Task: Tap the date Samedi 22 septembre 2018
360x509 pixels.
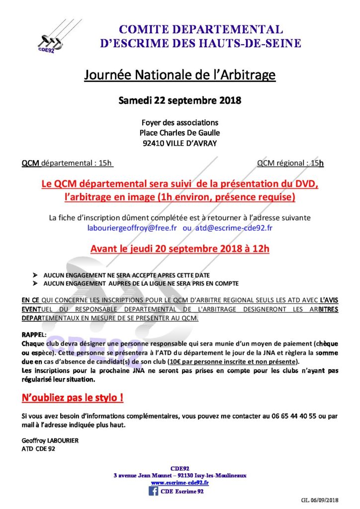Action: coord(180,100)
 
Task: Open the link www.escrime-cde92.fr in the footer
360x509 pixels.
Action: coord(180,482)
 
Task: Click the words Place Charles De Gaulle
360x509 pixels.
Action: coord(180,133)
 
